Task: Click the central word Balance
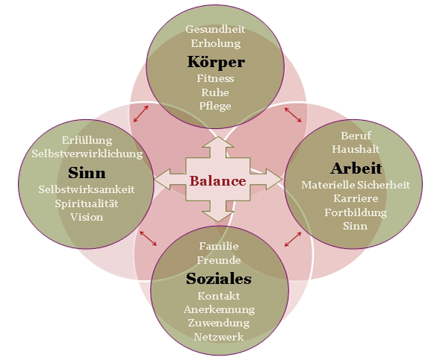[x=218, y=181]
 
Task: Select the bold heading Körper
[x=216, y=62]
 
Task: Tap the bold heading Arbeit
[x=356, y=168]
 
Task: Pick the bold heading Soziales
[x=219, y=279]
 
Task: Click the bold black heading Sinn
[x=87, y=173]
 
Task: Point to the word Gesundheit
[x=216, y=29]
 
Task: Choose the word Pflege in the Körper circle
[x=216, y=107]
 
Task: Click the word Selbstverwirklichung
[x=87, y=154]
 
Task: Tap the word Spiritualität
[x=87, y=203]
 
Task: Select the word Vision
[x=87, y=217]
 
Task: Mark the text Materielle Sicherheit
[x=356, y=185]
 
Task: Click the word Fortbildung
[x=356, y=212]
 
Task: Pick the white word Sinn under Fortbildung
[x=355, y=226]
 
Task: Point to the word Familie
[x=219, y=246]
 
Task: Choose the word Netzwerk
[x=219, y=337]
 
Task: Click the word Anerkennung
[x=219, y=309]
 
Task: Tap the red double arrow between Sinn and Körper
[x=141, y=113]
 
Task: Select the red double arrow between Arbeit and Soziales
[x=293, y=239]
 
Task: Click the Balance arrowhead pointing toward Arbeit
[x=273, y=179]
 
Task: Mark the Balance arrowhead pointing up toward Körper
[x=218, y=142]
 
